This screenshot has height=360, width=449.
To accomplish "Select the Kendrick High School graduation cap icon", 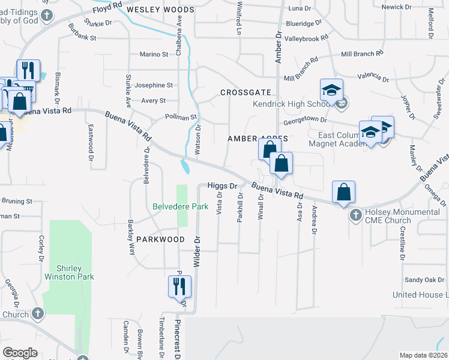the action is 331,91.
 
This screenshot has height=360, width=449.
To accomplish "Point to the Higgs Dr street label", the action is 223,186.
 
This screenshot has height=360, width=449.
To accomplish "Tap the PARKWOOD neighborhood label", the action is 160,239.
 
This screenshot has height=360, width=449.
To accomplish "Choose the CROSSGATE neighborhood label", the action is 246,92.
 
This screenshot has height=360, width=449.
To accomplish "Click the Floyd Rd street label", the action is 107,10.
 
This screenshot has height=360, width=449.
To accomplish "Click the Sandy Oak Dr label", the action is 424,280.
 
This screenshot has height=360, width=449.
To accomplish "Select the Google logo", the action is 20,353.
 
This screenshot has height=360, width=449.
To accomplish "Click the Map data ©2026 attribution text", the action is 423,355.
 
